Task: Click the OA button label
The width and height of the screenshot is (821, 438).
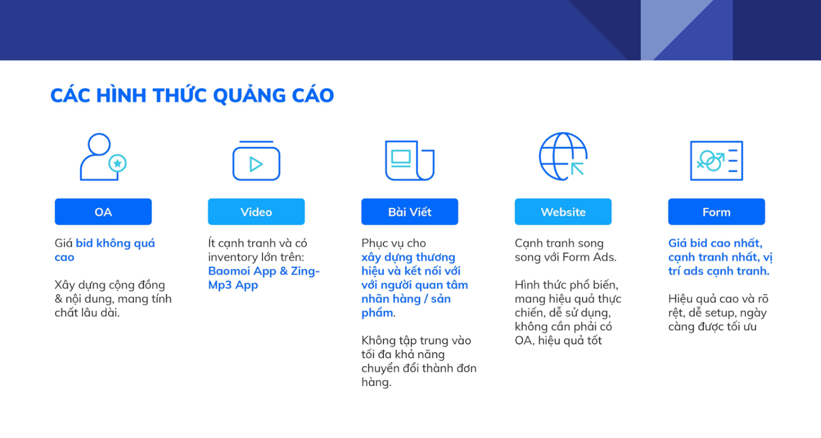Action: [103, 212]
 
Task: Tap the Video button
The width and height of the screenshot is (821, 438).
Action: [256, 212]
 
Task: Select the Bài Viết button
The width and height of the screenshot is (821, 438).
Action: [410, 212]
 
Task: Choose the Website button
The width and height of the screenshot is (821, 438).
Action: [563, 212]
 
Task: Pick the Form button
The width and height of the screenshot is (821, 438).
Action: [717, 212]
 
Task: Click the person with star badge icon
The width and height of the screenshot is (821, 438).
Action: [103, 157]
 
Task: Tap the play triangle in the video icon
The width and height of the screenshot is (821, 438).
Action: [256, 164]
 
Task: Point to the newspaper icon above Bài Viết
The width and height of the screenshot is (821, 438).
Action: [410, 160]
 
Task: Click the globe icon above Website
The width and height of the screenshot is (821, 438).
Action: [563, 156]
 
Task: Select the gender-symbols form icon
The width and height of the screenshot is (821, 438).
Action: [717, 160]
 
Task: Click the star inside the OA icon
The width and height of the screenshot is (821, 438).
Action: [117, 163]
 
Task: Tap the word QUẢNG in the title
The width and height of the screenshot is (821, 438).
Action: [249, 96]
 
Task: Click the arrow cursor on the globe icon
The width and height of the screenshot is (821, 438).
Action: [577, 169]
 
